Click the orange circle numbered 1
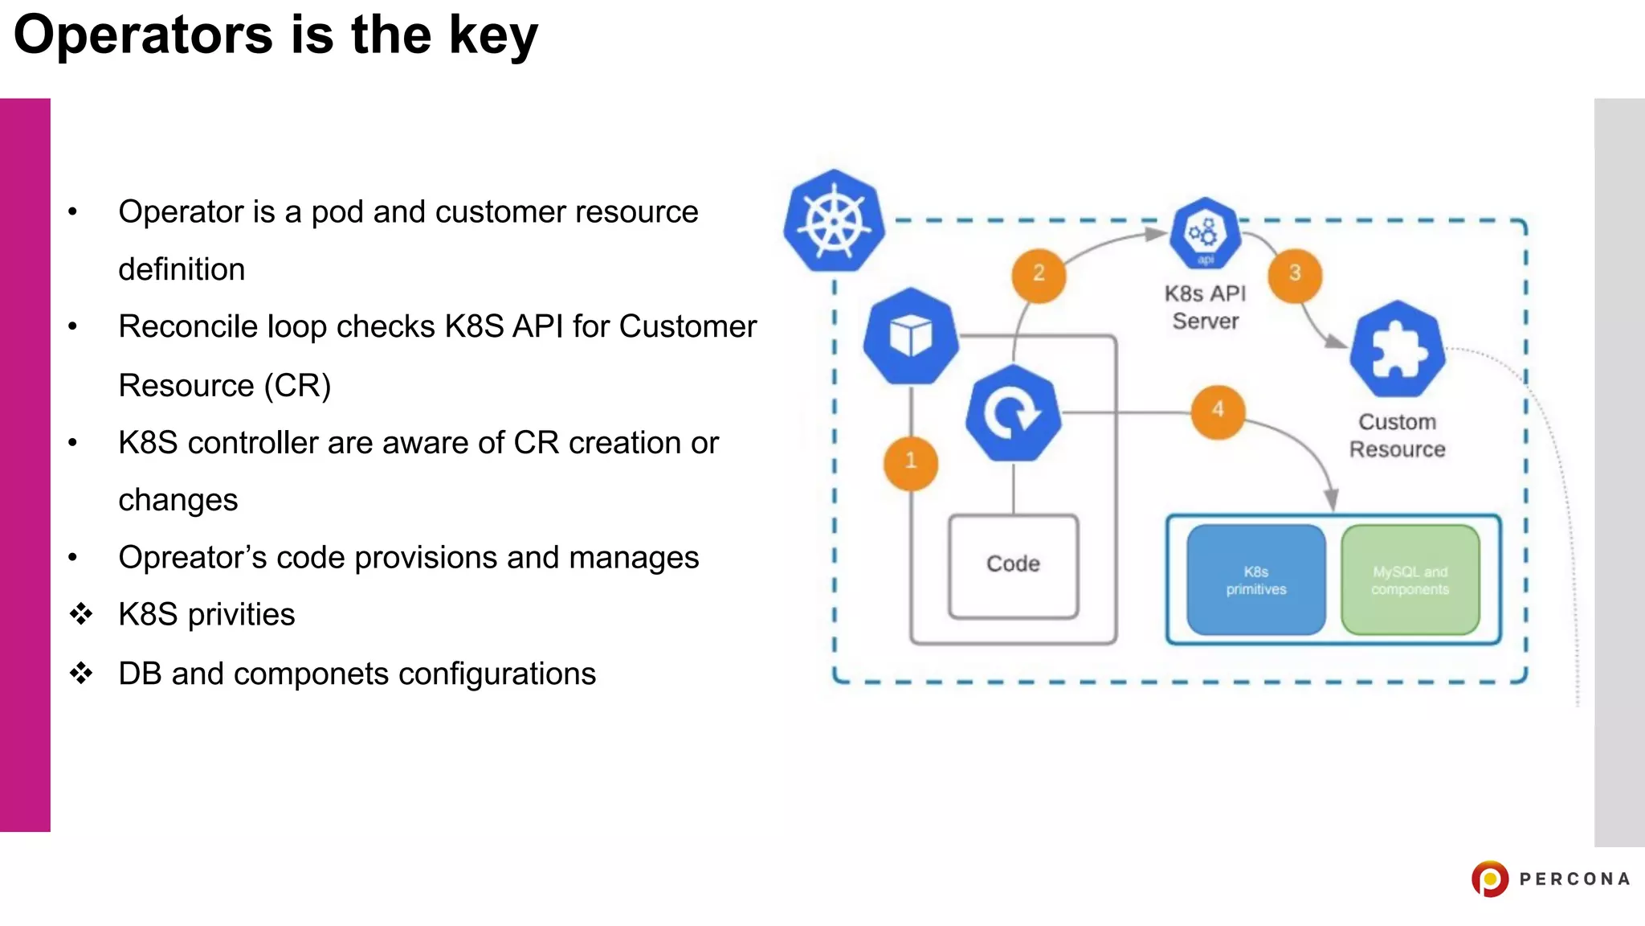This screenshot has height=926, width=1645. tap(910, 462)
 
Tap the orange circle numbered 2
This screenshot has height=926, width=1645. tap(1039, 274)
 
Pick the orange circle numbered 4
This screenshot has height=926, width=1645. tap(1218, 411)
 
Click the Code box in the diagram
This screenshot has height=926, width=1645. tap(1013, 565)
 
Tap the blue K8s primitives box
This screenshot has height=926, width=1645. tap(1255, 580)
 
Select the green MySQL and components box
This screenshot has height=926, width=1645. tap(1410, 580)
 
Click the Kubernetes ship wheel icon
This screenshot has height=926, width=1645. tap(834, 221)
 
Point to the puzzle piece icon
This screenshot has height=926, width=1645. tap(1398, 350)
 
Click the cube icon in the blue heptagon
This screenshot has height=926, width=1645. tap(911, 336)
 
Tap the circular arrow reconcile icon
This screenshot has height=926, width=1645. tap(1013, 413)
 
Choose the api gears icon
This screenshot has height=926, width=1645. tap(1204, 233)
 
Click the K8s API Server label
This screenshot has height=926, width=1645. tap(1205, 307)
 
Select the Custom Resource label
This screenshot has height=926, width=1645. tap(1397, 435)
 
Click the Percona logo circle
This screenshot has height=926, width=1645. tap(1490, 879)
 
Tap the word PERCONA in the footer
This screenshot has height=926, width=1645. tap(1574, 879)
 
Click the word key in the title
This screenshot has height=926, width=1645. tap(492, 36)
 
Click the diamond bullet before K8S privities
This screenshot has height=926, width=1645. tap(81, 614)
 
